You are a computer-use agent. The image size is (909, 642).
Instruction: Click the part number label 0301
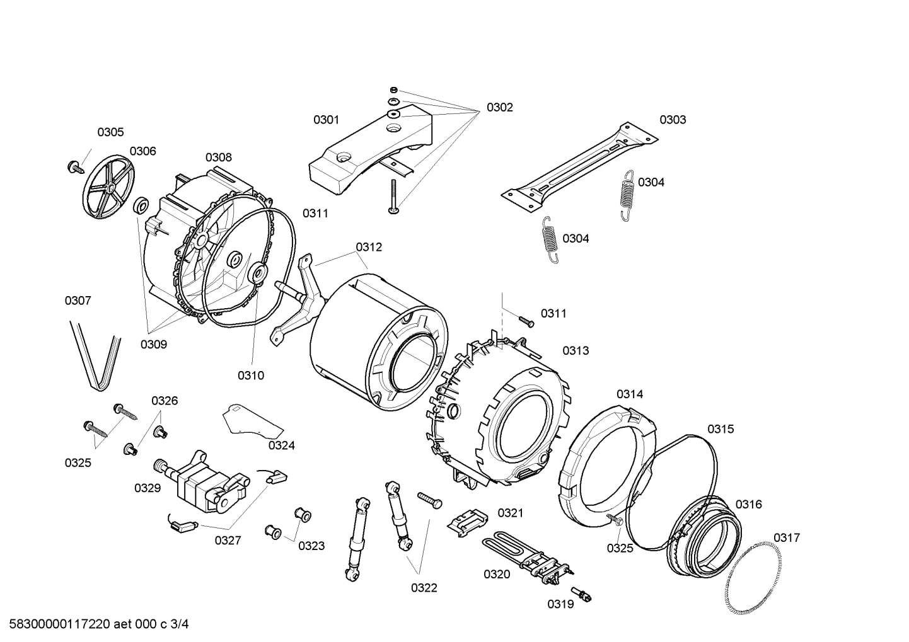[326, 120]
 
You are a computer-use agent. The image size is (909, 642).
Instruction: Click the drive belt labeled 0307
[95, 355]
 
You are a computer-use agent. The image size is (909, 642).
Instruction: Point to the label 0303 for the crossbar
[673, 120]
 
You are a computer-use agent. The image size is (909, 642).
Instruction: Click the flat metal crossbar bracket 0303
[579, 166]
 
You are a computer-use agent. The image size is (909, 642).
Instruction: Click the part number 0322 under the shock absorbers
[424, 588]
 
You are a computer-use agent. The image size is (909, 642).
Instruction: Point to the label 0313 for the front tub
[576, 350]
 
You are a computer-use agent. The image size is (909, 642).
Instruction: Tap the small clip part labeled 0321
[467, 520]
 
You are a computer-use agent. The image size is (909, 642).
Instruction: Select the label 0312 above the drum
[369, 247]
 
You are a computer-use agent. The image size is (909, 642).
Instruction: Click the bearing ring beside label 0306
[141, 205]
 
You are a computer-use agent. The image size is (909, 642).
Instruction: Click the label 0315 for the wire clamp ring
[720, 429]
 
